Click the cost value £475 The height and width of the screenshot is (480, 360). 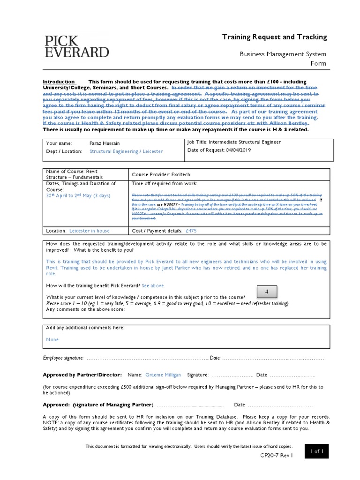pyautogui.click(x=191, y=231)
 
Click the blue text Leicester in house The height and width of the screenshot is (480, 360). pyautogui.click(x=89, y=231)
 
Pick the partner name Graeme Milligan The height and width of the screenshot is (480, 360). pyautogui.click(x=163, y=375)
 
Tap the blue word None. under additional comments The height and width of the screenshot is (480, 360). pyautogui.click(x=53, y=339)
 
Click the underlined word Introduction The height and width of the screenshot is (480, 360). pyautogui.click(x=59, y=82)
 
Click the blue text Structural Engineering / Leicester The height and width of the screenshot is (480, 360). pyautogui.click(x=126, y=151)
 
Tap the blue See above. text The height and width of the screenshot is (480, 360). pyautogui.click(x=153, y=285)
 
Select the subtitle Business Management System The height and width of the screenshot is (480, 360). pyautogui.click(x=283, y=54)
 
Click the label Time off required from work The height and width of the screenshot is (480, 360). pyautogui.click(x=165, y=183)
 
